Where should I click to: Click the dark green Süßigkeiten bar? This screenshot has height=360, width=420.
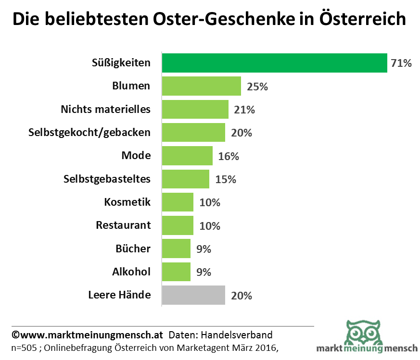[274, 63]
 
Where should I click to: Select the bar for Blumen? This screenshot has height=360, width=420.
[201, 86]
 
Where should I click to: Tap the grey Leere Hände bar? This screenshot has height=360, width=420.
[193, 295]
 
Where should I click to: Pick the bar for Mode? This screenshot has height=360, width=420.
[187, 156]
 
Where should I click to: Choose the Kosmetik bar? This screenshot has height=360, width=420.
[178, 202]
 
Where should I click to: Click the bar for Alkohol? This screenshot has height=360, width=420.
[176, 272]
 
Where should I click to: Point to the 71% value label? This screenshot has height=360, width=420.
[401, 63]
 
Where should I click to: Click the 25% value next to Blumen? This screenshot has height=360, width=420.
[257, 87]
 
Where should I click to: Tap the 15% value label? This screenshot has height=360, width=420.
[225, 179]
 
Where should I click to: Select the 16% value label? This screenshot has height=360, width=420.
[229, 156]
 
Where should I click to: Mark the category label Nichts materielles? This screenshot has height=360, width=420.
[105, 109]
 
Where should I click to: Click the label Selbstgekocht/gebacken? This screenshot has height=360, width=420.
[89, 133]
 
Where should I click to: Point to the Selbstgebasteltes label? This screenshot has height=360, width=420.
[107, 179]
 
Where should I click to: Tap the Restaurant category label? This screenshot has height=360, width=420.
[123, 225]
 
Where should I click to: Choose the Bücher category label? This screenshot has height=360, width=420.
[133, 249]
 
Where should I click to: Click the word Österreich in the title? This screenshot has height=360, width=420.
[363, 19]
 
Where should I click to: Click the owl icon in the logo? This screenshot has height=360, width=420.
[363, 331]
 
